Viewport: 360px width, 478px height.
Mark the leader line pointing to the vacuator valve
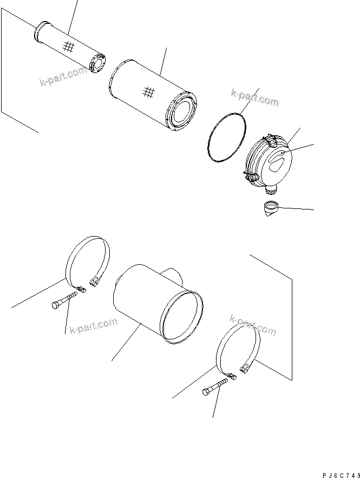tap(295, 208)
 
